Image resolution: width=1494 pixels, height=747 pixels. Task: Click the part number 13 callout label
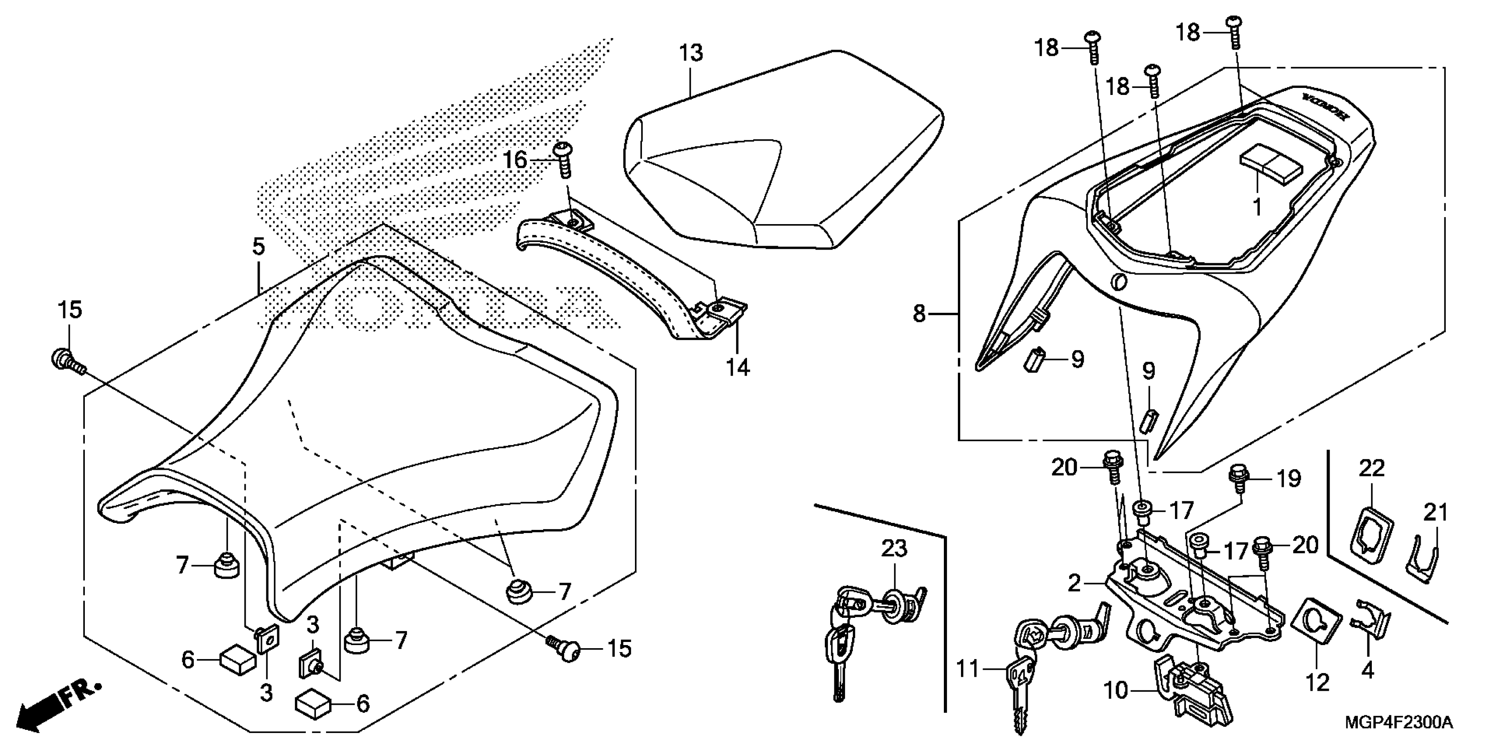691,53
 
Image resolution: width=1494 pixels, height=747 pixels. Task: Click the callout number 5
259,247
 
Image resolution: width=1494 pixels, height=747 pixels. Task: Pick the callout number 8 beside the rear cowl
919,314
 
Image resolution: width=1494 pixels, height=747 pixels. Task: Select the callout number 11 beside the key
968,669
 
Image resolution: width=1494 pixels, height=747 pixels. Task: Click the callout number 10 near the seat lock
1115,691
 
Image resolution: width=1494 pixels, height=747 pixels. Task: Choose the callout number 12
1317,682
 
